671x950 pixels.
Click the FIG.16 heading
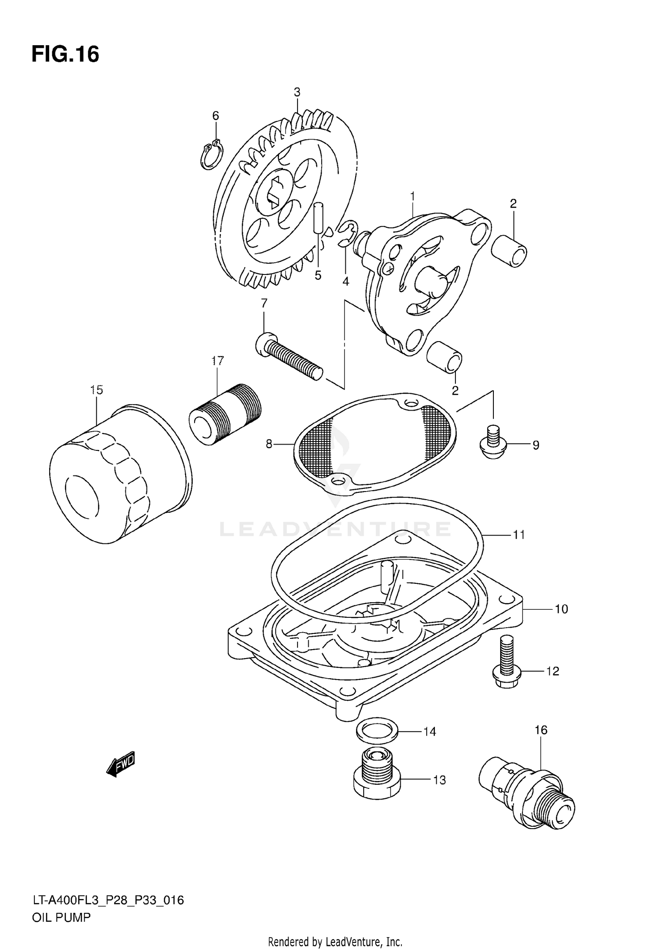tap(65, 55)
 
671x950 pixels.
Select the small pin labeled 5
tap(318, 218)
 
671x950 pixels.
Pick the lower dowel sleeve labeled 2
tap(444, 357)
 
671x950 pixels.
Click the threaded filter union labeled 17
tap(225, 414)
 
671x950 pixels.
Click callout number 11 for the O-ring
tap(518, 535)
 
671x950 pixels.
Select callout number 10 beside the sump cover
tap(561, 609)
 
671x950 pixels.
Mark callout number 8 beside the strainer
tap(269, 444)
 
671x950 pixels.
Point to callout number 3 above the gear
tap(297, 92)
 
